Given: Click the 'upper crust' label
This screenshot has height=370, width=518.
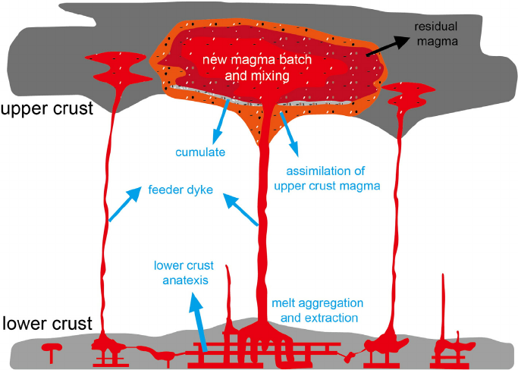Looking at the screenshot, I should [46, 108].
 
